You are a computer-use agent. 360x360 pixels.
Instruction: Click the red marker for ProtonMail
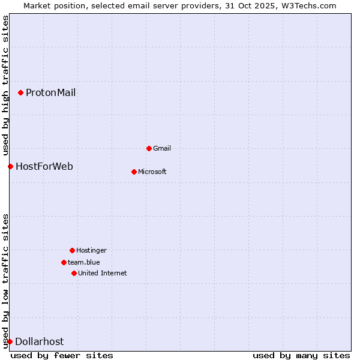point(20,92)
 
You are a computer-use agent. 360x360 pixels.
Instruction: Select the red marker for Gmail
point(149,148)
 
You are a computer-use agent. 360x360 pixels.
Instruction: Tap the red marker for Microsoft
point(134,172)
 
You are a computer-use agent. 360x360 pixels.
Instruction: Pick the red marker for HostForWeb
point(10,166)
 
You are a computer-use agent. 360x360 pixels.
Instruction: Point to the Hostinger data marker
point(72,250)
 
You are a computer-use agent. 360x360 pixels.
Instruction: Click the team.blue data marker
point(64,262)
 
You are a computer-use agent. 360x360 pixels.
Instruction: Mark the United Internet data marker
point(74,273)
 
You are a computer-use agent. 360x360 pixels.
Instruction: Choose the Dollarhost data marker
point(10,341)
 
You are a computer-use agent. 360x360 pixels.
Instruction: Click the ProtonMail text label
point(50,92)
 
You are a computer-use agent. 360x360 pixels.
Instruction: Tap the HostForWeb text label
point(44,166)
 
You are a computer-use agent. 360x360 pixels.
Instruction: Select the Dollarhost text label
point(39,341)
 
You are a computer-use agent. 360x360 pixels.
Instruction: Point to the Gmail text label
point(162,148)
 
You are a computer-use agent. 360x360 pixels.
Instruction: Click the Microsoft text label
point(152,172)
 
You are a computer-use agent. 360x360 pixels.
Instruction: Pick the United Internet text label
point(103,273)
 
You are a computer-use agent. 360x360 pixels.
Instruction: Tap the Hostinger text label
point(91,250)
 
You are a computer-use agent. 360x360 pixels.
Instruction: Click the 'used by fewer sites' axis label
point(62,355)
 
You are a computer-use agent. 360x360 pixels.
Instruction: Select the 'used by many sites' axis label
point(301,355)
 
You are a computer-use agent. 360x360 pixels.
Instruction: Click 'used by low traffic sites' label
point(5,280)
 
